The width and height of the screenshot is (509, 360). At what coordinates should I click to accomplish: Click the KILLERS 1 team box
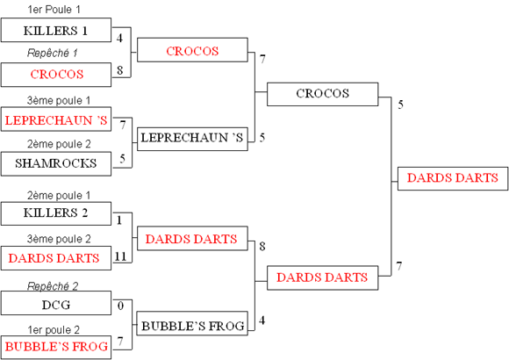[x=56, y=30]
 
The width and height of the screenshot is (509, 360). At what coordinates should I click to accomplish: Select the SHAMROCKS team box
[x=56, y=163]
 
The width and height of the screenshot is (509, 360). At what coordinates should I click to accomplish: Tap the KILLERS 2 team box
[x=56, y=213]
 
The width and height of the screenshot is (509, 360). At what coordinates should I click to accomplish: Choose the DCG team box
[x=56, y=303]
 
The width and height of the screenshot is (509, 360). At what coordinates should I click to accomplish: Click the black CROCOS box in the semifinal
[x=323, y=94]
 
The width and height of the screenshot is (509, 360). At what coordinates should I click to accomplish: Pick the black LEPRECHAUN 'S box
[x=192, y=139]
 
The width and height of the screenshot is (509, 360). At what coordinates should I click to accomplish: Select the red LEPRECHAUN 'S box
[x=56, y=119]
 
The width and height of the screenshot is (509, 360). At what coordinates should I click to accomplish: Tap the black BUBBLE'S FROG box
[x=192, y=323]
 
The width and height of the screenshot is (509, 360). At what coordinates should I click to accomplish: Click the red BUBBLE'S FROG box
[x=56, y=348]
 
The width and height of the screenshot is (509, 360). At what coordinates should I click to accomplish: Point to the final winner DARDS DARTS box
[x=453, y=178]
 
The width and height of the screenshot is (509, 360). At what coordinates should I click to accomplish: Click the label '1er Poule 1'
[x=54, y=10]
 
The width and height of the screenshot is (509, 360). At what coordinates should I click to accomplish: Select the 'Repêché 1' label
[x=53, y=53]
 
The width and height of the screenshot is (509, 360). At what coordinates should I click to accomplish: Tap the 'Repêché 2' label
[x=53, y=286]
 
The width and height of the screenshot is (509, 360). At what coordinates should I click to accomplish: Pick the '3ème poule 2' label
[x=59, y=239]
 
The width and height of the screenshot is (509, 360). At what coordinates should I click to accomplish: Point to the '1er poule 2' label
[x=54, y=330]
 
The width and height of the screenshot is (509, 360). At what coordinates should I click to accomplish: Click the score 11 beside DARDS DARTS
[x=120, y=256]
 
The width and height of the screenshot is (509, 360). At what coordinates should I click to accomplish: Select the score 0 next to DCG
[x=120, y=306]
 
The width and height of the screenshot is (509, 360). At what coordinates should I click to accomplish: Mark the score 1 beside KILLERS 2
[x=119, y=220]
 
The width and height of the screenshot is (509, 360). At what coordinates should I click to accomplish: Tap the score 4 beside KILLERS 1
[x=119, y=38]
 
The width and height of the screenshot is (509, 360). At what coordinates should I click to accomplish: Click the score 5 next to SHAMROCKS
[x=122, y=159]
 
